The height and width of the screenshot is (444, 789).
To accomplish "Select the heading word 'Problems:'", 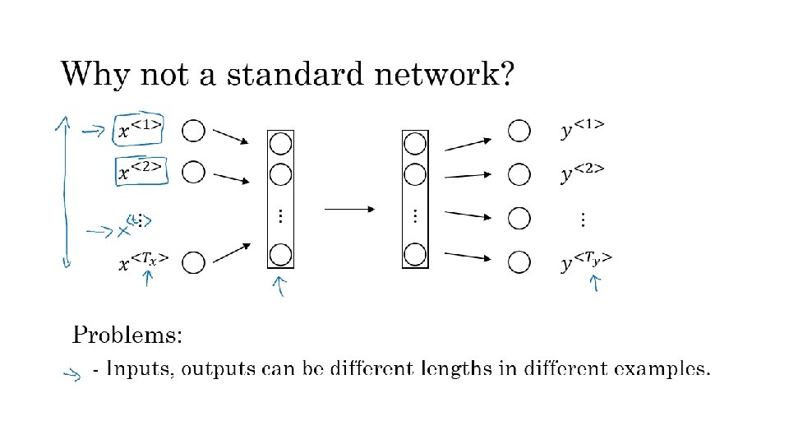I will click(x=127, y=335).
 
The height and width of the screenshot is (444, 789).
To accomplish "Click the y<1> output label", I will click(x=584, y=129).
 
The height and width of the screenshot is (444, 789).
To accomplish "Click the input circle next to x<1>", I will click(x=193, y=130).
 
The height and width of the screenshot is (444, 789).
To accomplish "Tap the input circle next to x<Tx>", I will click(x=193, y=263).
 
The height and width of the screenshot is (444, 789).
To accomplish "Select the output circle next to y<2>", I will click(x=519, y=174).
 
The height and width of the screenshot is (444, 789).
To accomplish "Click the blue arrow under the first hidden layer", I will click(x=280, y=286).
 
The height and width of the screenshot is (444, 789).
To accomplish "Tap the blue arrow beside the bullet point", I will click(x=72, y=375).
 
